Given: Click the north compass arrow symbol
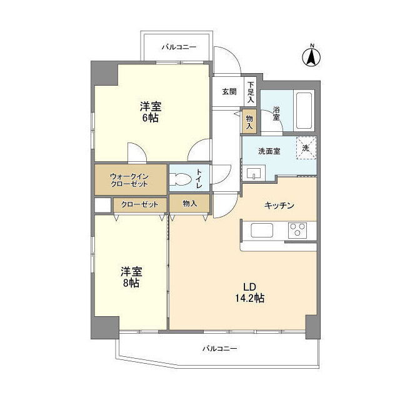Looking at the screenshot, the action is (x=311, y=57).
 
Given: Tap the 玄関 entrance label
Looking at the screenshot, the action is (x=229, y=92).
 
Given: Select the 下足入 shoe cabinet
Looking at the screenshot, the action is (x=251, y=92).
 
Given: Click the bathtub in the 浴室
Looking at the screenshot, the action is (x=304, y=111).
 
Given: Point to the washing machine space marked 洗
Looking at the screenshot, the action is (x=306, y=148).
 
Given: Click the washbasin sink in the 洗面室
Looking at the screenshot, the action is (x=254, y=173).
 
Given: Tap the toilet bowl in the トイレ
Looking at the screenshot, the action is (x=181, y=179).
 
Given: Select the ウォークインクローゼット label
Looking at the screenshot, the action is (x=129, y=180).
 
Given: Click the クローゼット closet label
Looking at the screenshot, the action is (x=139, y=204).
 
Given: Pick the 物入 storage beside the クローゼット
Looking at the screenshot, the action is (x=189, y=203).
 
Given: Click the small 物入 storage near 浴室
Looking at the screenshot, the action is (x=249, y=121).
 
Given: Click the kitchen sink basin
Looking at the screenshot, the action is (x=262, y=230).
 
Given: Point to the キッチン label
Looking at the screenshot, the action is (x=279, y=206).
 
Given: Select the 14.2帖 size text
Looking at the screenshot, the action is (x=249, y=298).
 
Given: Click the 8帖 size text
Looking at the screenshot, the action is (x=131, y=283).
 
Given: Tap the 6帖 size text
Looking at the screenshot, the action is (x=151, y=118).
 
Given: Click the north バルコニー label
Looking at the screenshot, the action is (x=179, y=47).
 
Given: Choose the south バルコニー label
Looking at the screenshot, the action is (x=220, y=348).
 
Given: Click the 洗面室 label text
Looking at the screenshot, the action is (x=269, y=151).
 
